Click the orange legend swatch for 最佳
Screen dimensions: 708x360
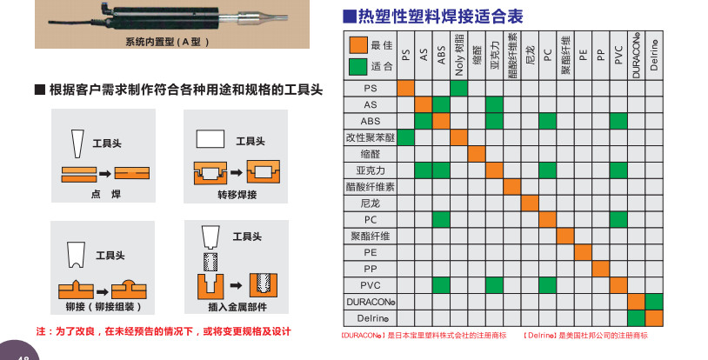coord(358,45)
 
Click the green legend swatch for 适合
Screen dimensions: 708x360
coord(358,67)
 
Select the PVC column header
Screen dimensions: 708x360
coord(618,55)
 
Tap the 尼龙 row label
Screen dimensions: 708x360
coord(371,203)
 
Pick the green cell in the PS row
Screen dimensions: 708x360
coord(458,88)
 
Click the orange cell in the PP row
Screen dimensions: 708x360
coord(600,269)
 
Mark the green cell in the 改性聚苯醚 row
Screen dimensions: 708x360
coord(405,137)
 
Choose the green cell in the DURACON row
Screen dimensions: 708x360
coord(654,302)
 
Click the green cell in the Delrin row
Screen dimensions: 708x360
coord(636,318)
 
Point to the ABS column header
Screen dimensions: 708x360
coord(441,55)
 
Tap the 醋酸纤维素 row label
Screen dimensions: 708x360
coord(371,187)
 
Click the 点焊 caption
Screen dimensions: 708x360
coord(105,194)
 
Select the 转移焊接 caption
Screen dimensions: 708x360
coord(237,195)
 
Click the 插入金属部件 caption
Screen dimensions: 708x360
coord(237,307)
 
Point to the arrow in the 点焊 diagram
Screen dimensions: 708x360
coord(105,173)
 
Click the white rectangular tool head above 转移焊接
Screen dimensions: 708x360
coord(210,139)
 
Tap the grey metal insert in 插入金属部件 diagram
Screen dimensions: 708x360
coord(210,262)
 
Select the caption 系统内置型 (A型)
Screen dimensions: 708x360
coord(168,42)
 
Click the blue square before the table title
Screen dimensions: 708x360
coord(350,17)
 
